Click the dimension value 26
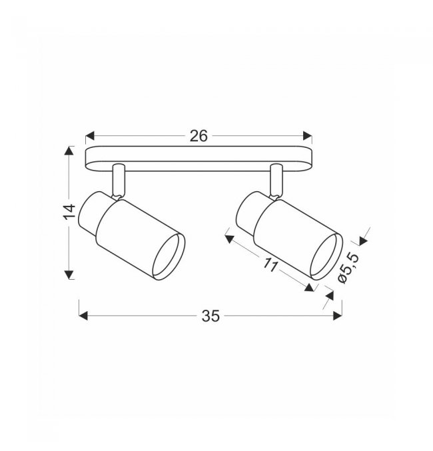click(199, 136)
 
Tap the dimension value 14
click(69, 212)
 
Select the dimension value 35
click(211, 316)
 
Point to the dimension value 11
click(270, 265)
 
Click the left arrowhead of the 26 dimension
click(90, 136)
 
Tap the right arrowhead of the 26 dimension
click(308, 136)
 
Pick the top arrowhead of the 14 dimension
click(69, 151)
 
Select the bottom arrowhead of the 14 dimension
click(69, 274)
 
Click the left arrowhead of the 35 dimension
click(83, 316)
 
